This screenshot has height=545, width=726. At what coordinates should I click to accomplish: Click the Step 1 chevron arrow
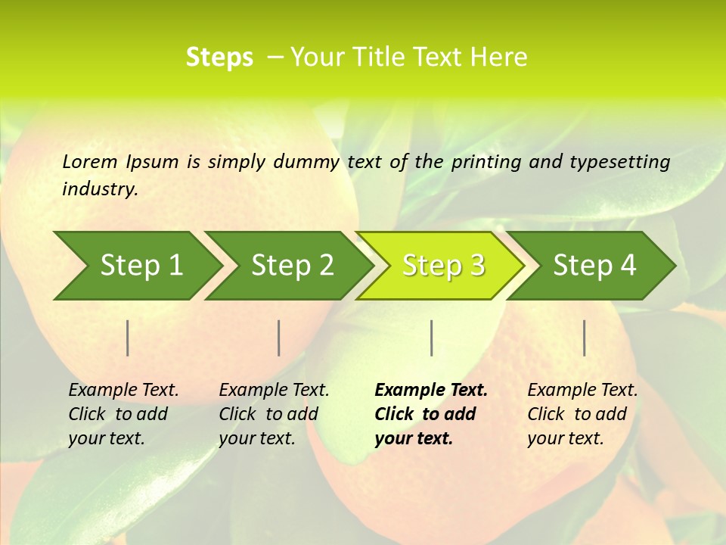tap(140, 266)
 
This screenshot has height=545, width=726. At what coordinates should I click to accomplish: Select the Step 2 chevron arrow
tap(291, 266)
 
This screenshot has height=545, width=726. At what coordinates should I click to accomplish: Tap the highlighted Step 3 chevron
tap(442, 266)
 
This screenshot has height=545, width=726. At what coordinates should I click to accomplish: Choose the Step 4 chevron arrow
tap(594, 266)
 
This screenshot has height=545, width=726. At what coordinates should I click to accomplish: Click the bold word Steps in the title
tap(219, 58)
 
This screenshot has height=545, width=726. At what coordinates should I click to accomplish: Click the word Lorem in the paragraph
tap(89, 161)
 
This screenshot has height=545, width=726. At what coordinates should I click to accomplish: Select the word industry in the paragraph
tap(99, 189)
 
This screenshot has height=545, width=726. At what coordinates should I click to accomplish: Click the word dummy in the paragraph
tap(306, 161)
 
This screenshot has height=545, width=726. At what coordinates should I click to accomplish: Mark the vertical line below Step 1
tap(128, 338)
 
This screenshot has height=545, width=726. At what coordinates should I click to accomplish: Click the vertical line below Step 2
tap(279, 338)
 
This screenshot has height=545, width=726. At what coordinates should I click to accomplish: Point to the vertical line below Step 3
tap(431, 338)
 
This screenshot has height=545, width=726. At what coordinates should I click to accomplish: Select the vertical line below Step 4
tap(584, 338)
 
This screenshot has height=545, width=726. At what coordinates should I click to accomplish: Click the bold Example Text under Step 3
tap(431, 391)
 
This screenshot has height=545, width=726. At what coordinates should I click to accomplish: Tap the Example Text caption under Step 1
tap(123, 391)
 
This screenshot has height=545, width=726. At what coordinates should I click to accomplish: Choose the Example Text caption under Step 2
tap(274, 391)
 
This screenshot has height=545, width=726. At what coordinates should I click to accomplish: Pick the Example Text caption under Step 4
tap(582, 391)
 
